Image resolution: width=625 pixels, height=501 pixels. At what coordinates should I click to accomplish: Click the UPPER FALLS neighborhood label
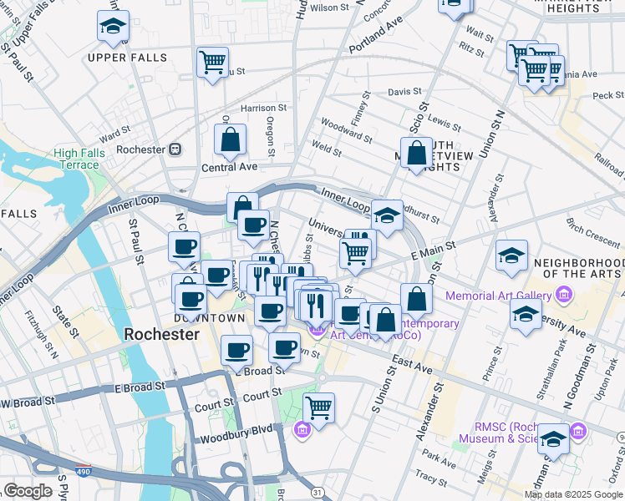pyautogui.click(x=127, y=58)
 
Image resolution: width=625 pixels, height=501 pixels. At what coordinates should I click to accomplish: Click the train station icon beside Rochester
pyautogui.click(x=175, y=149)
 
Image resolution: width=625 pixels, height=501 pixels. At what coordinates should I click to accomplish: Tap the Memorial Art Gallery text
pyautogui.click(x=498, y=296)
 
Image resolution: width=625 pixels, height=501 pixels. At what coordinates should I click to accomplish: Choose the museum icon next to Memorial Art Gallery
pyautogui.click(x=564, y=296)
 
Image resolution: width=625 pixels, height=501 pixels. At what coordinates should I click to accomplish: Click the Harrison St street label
pyautogui.click(x=263, y=108)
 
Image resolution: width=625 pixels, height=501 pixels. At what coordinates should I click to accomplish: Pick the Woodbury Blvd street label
pyautogui.click(x=236, y=439)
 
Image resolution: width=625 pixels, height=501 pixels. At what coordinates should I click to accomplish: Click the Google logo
pyautogui.click(x=28, y=491)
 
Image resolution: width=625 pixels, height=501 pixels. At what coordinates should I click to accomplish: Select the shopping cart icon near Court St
pyautogui.click(x=318, y=407)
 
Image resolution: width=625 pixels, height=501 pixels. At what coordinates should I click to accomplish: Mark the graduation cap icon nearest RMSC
pyautogui.click(x=553, y=439)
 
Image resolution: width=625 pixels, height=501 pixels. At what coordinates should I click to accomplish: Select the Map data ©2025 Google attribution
pyautogui.click(x=573, y=494)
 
